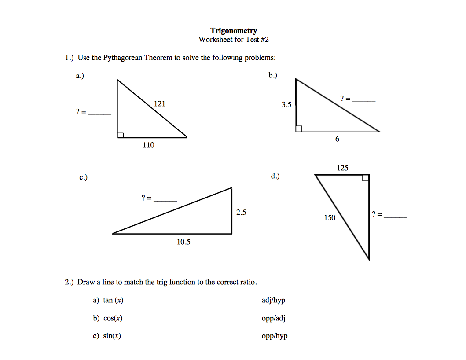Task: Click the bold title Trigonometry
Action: coord(233,31)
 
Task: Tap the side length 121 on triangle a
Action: coord(160,104)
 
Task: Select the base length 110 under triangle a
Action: coord(149,145)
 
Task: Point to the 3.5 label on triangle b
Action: coord(286,105)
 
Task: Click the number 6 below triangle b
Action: coord(337,139)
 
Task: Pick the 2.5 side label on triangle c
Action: coord(241,213)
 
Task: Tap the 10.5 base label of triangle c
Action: coord(183,242)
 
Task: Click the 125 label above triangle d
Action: coord(342,168)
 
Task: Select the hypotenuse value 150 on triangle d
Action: coord(330,217)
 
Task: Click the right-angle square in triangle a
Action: coord(121,134)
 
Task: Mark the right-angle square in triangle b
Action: coord(299,129)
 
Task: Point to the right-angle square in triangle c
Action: coord(228,231)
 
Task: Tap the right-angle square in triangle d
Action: coord(365,178)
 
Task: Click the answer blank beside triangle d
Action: coord(396,216)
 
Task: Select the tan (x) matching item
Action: coord(113,301)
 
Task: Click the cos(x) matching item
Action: coord(113,319)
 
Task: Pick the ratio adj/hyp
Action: coord(273,301)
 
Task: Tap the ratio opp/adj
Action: coord(273,319)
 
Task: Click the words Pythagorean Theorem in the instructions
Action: coord(138,58)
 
